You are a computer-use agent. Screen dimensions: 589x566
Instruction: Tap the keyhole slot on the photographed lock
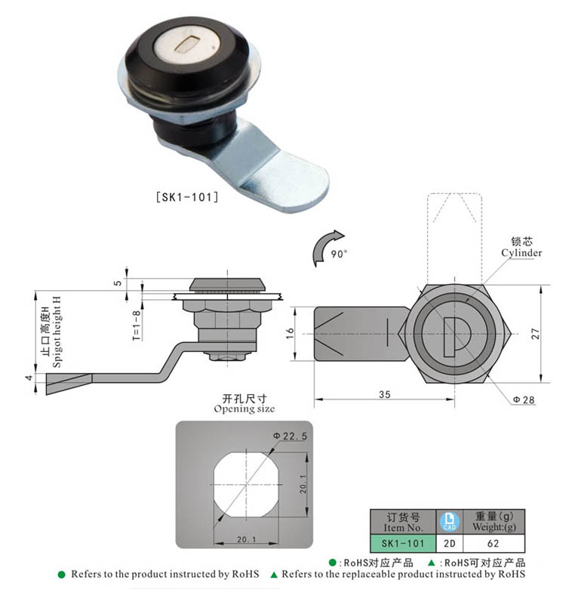pyautogui.click(x=186, y=49)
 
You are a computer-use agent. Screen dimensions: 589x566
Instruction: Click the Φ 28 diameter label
pyautogui.click(x=524, y=399)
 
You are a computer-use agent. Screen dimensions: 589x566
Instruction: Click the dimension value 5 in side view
pyautogui.click(x=117, y=284)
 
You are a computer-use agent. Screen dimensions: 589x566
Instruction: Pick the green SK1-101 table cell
pyautogui.click(x=402, y=542)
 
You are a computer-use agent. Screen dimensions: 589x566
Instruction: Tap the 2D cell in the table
pyautogui.click(x=449, y=542)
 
